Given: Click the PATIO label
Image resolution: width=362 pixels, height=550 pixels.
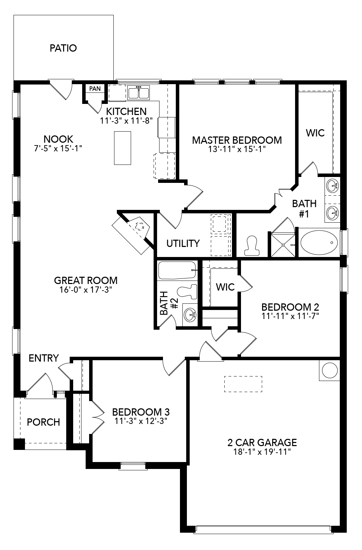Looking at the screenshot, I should click(x=63, y=48).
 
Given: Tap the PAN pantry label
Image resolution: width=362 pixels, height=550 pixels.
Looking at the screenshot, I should click(x=95, y=89).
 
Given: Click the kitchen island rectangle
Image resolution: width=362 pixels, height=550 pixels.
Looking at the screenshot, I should click(x=122, y=148).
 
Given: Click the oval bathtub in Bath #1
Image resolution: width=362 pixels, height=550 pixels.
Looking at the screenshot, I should click(x=319, y=242).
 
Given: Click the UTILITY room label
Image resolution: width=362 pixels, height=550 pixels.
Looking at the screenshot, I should click(x=183, y=243).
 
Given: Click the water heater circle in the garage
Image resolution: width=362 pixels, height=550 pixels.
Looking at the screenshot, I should click(x=329, y=371).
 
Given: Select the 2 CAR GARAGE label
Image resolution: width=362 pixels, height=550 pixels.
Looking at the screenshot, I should click(x=262, y=442).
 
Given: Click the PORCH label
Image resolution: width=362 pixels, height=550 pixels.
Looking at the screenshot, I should click(x=43, y=422).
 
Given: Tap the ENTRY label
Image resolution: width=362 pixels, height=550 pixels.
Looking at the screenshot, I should click(x=44, y=358).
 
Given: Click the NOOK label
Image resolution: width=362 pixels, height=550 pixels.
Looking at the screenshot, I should click(x=58, y=139).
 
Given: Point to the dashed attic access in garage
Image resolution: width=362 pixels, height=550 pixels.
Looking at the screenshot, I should click(x=243, y=384).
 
